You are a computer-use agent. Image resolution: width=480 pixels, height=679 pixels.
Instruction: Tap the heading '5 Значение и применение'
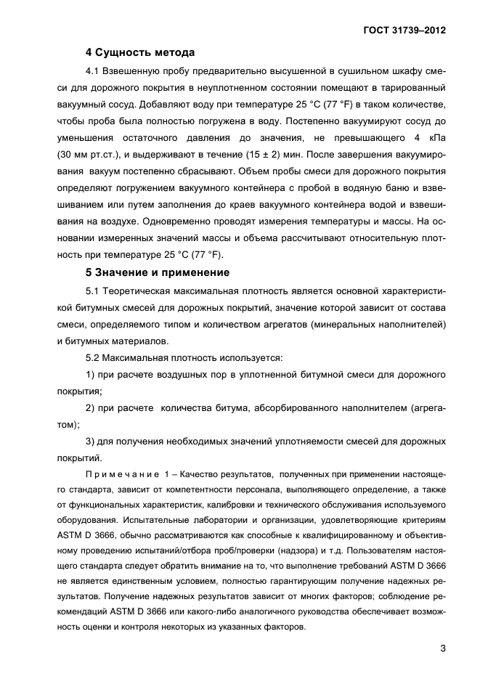158,272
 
